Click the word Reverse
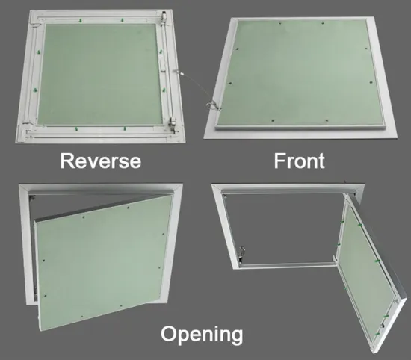tap(101, 161)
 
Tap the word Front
tap(300, 161)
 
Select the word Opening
tap(202, 335)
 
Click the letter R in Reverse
tap(67, 161)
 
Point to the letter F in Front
tap(279, 161)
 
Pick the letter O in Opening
tap(169, 333)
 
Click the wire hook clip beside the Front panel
tap(212, 105)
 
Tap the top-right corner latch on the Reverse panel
tap(164, 16)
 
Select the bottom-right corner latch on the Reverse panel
tap(173, 123)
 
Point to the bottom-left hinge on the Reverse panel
tap(28, 122)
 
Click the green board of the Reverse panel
tap(100, 74)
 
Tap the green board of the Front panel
tap(300, 73)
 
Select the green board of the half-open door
tap(104, 262)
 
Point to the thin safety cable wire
tap(194, 87)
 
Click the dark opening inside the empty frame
tap(283, 228)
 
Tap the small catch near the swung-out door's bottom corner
tap(382, 325)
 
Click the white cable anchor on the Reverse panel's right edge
tap(175, 71)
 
